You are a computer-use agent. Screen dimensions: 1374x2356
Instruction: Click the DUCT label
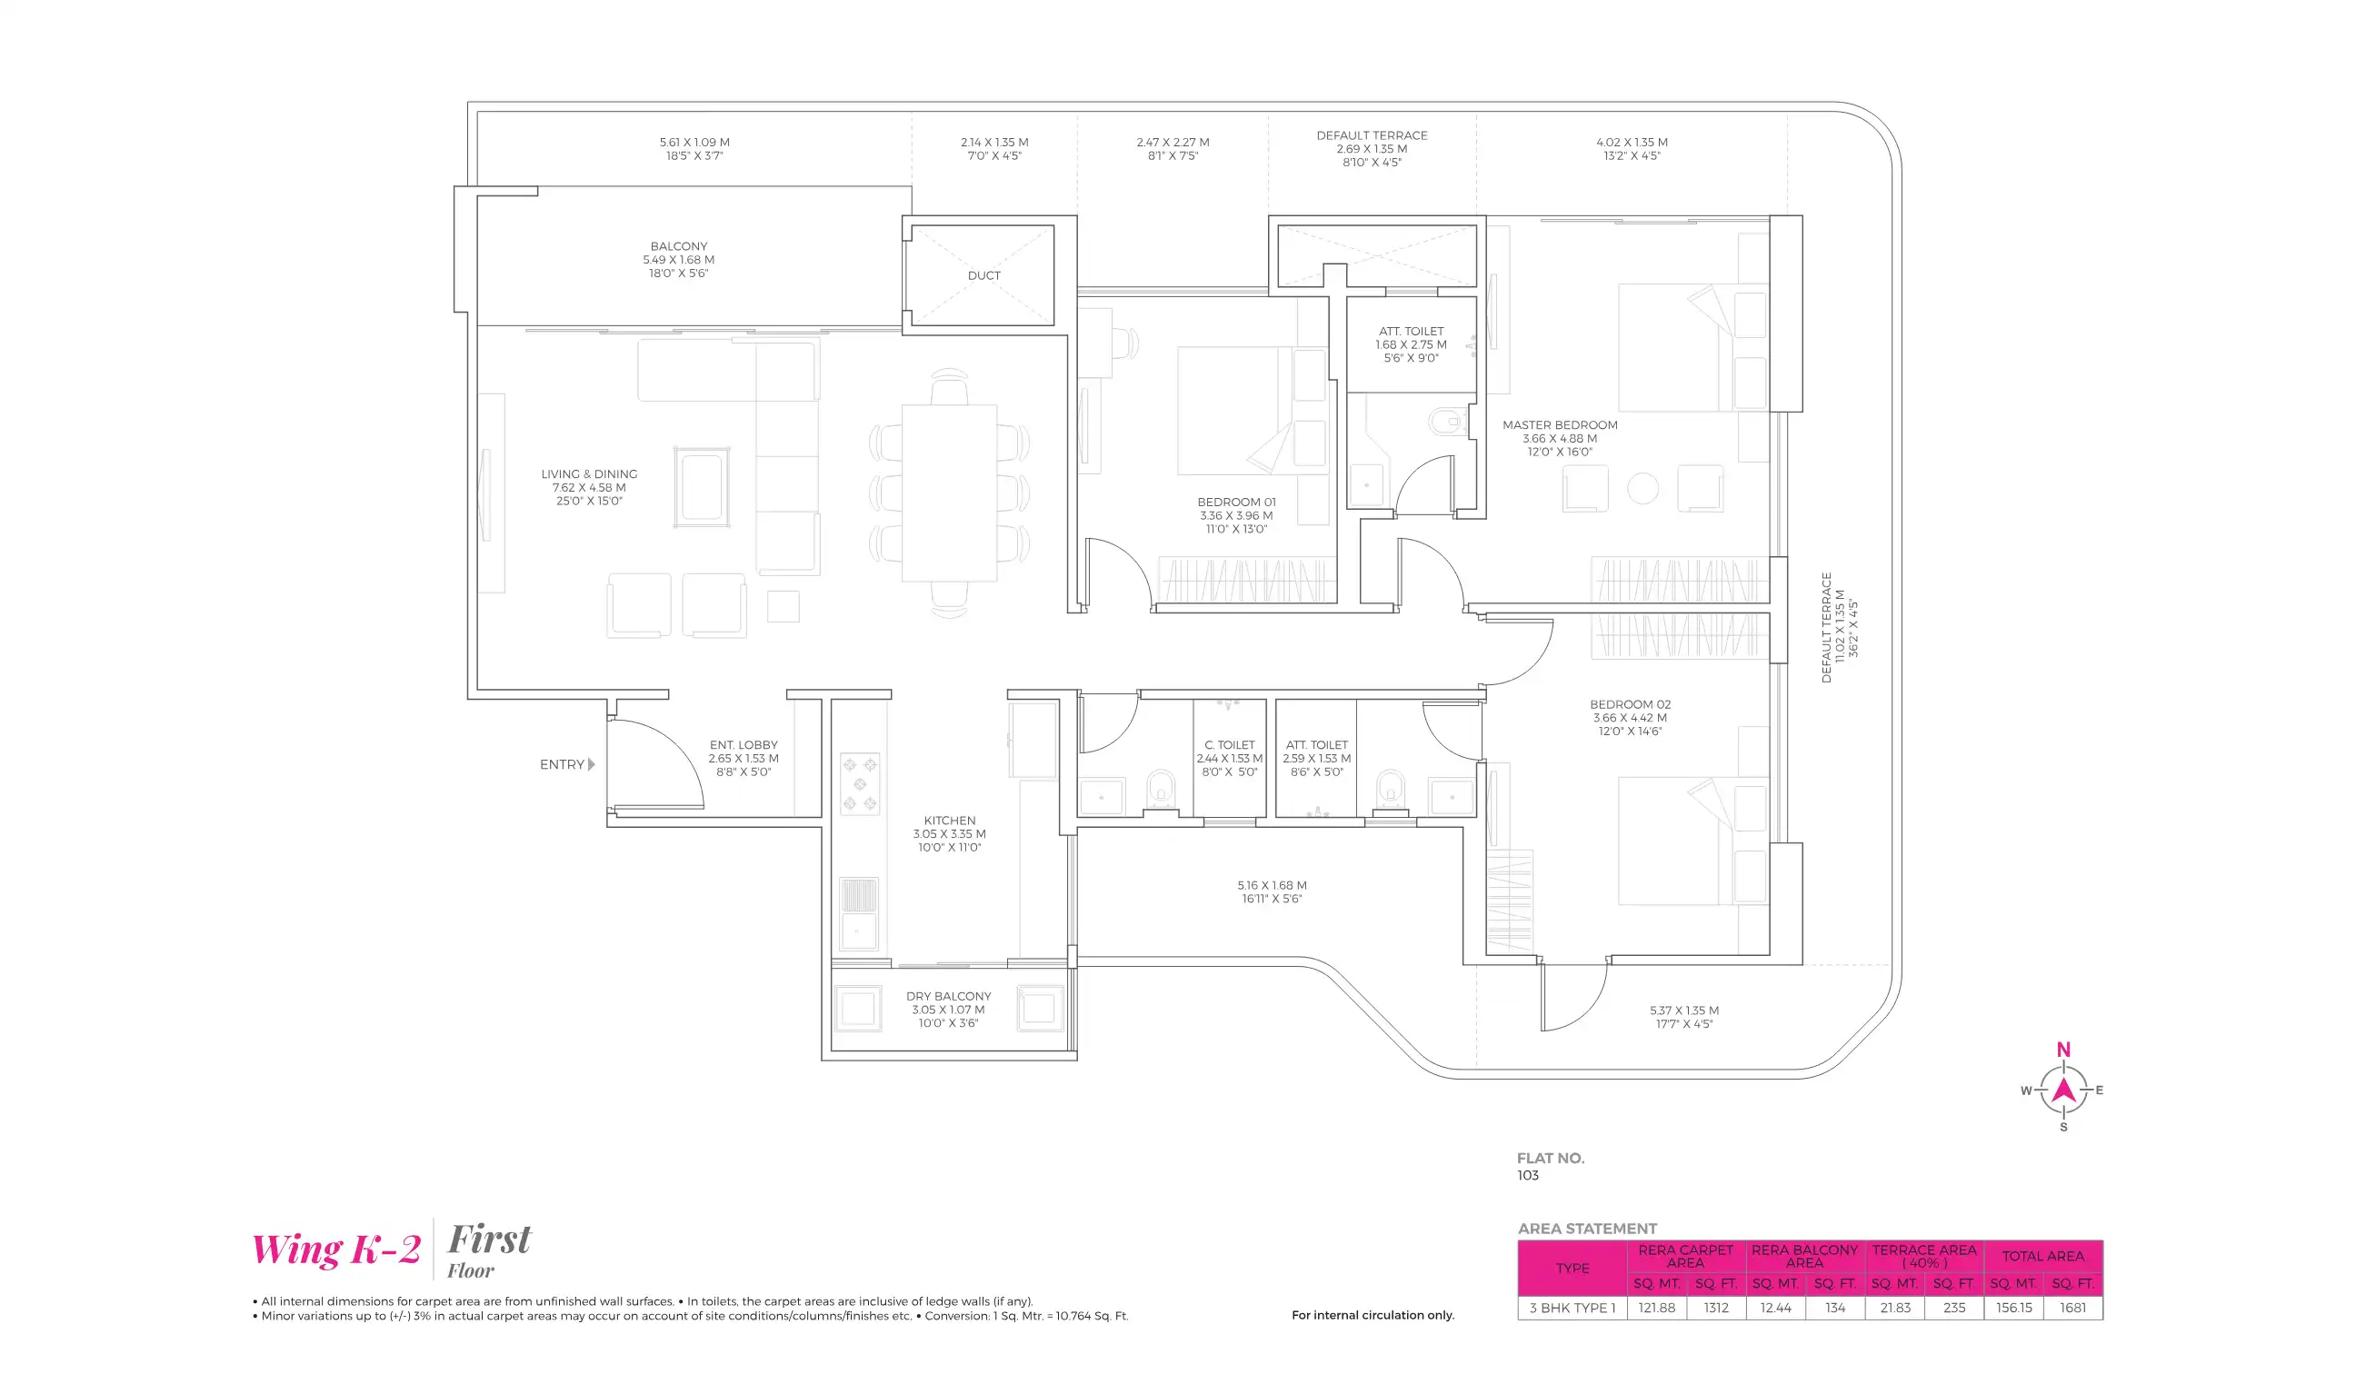(983, 275)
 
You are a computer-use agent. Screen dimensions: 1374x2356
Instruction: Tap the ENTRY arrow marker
(591, 764)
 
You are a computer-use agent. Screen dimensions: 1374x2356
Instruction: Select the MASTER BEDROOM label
(1560, 425)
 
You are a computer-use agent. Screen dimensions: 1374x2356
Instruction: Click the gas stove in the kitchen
(859, 784)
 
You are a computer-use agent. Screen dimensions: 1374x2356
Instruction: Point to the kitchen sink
(857, 912)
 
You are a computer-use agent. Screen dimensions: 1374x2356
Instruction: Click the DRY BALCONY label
(948, 996)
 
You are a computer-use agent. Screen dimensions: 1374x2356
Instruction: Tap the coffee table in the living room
(701, 486)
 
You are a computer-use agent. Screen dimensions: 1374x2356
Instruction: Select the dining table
(949, 493)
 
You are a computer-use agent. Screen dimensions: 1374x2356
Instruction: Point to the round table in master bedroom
(1642, 488)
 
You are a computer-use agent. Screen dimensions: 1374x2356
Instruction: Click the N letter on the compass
(2063, 1050)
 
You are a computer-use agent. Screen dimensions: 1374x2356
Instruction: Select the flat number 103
(1528, 1176)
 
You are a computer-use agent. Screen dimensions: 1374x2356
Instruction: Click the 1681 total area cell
(2072, 1308)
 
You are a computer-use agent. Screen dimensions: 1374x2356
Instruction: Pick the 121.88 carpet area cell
(1657, 1308)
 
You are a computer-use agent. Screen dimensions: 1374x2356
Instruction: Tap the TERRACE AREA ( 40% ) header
(1924, 1255)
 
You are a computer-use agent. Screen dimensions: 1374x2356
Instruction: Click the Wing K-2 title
(336, 1250)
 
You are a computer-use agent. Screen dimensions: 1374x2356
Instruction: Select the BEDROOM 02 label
(1630, 705)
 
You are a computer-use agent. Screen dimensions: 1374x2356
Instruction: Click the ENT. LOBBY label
(744, 745)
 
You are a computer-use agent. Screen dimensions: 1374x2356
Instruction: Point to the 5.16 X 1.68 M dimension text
(1272, 885)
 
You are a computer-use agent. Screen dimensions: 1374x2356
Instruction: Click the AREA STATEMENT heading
(1586, 1229)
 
